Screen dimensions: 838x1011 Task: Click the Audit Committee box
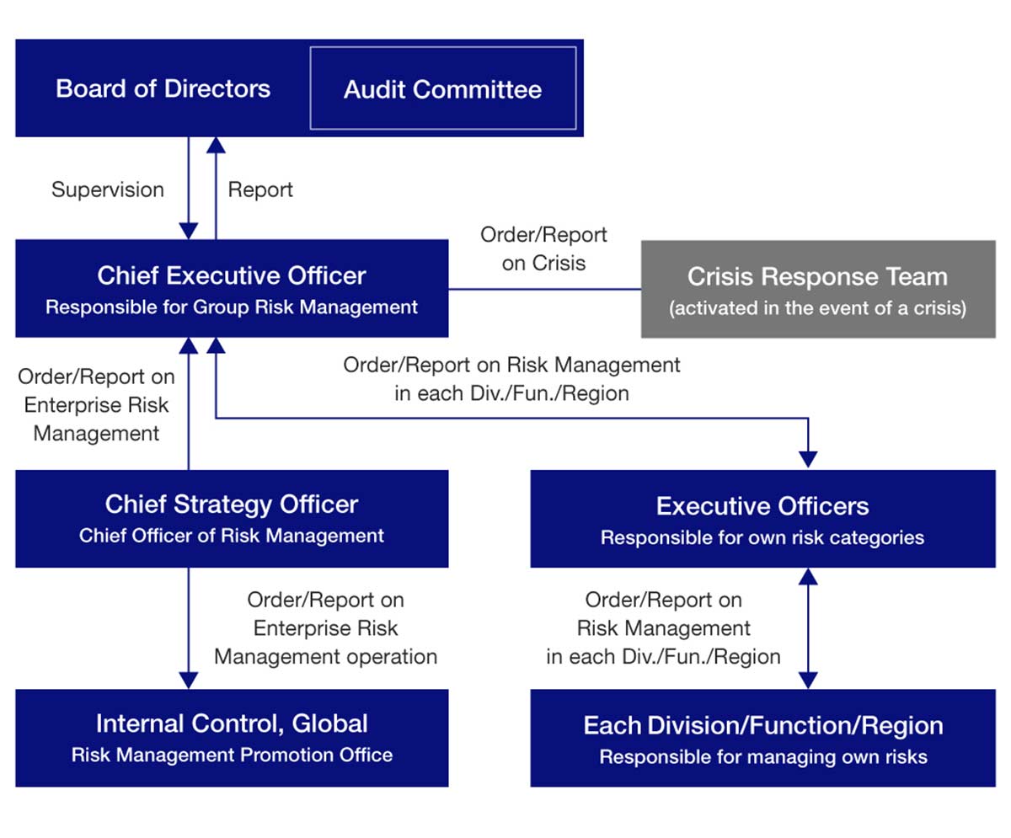[x=443, y=88]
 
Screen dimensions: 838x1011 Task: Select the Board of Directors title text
[x=163, y=88]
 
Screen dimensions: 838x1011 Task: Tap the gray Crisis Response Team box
[x=817, y=289]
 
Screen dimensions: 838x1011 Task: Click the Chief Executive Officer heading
[x=232, y=275]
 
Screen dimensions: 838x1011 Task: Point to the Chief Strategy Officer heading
[x=232, y=504]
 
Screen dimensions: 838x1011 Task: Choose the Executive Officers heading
[x=762, y=505]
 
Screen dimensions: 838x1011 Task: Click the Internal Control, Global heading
[x=232, y=723]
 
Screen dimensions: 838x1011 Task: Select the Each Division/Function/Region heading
[x=762, y=725]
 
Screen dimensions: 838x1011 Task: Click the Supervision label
[x=108, y=189]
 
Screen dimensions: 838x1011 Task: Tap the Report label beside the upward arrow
[x=260, y=189]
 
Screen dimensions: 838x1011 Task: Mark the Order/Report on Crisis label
[x=543, y=248]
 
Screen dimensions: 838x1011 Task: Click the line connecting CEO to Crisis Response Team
[x=544, y=289]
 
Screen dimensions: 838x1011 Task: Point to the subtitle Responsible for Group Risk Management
[x=232, y=307]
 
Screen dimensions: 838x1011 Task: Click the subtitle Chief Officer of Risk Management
[x=232, y=536]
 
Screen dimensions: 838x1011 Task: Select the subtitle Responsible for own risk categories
[x=762, y=537]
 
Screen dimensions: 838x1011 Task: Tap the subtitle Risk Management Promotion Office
[x=232, y=755]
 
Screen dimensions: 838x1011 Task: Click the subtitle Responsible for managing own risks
[x=762, y=756]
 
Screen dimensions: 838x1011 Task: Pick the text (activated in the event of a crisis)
[x=817, y=308]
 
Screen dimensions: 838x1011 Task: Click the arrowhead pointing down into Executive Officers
[x=808, y=459]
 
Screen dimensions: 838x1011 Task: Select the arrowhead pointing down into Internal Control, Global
[x=189, y=680]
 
